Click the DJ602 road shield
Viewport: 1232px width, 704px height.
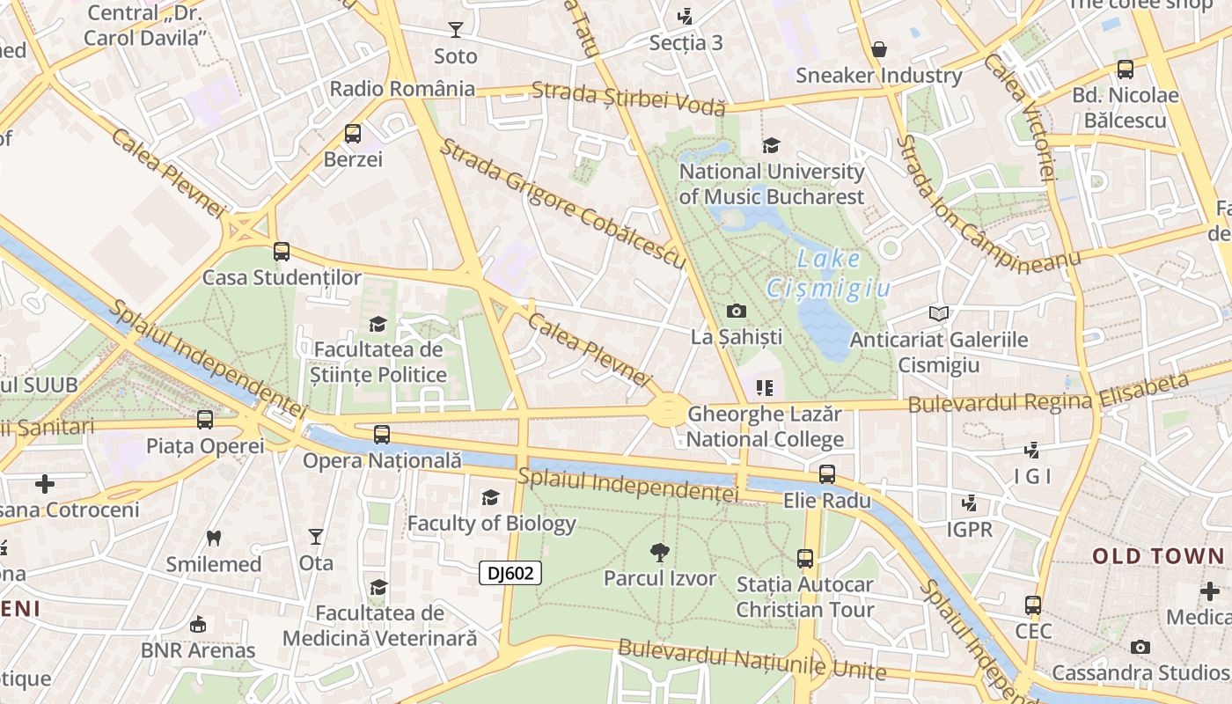(x=510, y=573)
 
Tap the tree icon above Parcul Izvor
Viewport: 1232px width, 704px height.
(x=659, y=553)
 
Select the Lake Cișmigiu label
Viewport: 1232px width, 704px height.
(x=828, y=274)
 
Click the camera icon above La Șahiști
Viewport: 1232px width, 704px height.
(x=737, y=311)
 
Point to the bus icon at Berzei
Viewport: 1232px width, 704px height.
(x=353, y=134)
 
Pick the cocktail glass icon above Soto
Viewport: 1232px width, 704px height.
(x=455, y=30)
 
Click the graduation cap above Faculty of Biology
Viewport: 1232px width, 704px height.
(x=490, y=498)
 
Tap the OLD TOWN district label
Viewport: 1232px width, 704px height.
(x=1158, y=556)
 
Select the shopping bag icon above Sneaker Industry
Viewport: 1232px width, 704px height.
(x=878, y=49)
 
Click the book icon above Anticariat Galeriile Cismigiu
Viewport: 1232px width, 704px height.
(x=939, y=313)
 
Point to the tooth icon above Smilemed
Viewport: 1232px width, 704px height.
(x=214, y=538)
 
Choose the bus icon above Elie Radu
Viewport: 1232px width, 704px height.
(x=827, y=474)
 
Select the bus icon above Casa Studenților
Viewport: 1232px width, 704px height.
(x=282, y=252)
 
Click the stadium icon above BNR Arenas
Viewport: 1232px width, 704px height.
(x=198, y=624)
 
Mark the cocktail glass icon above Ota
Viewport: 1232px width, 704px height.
(x=316, y=536)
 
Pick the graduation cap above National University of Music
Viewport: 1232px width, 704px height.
(x=771, y=145)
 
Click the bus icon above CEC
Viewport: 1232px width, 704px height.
(x=1033, y=605)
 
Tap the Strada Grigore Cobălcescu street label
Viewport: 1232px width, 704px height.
(x=562, y=203)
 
